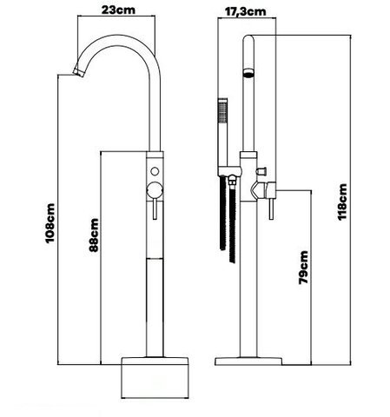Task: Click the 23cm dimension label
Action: (x=118, y=10)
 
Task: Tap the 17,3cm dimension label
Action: (x=245, y=11)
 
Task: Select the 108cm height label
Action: (x=50, y=223)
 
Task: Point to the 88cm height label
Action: (x=94, y=235)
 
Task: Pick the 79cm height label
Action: (x=303, y=268)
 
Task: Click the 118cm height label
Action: (x=342, y=202)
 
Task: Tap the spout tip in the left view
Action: (x=79, y=70)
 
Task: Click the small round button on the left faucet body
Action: (x=155, y=171)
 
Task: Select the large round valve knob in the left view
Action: (x=155, y=190)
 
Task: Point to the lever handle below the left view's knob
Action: (x=155, y=209)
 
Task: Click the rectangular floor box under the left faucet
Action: (x=155, y=378)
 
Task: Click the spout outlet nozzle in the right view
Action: (x=248, y=72)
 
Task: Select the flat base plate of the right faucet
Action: (x=248, y=361)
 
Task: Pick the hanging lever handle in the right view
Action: (x=271, y=209)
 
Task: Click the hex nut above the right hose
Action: (x=232, y=182)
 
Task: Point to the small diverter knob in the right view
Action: (x=261, y=171)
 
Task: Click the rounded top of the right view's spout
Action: (x=248, y=38)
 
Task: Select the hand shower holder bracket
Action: (x=228, y=171)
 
